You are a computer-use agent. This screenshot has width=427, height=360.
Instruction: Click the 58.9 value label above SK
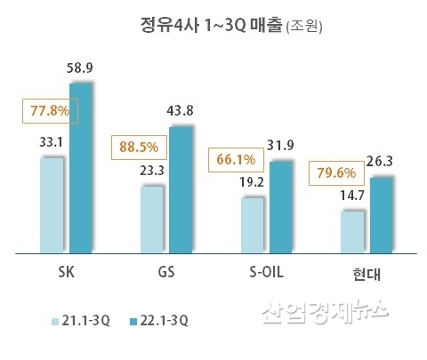click(82, 67)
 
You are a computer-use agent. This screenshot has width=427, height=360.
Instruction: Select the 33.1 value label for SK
click(52, 140)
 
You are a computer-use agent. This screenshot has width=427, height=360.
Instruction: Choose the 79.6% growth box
click(335, 172)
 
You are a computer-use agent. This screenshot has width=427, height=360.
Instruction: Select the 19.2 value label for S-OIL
click(253, 182)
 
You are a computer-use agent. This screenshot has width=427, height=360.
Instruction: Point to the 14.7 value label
click(352, 196)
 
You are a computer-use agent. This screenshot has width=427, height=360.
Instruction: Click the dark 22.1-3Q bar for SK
click(82, 169)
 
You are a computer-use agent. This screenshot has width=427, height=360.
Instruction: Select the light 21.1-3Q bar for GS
click(152, 219)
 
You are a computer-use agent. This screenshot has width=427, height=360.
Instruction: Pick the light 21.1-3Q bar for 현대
click(353, 231)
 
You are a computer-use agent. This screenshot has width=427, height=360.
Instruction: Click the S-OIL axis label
click(266, 270)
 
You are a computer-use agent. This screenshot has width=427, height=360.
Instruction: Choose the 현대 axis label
click(367, 272)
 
